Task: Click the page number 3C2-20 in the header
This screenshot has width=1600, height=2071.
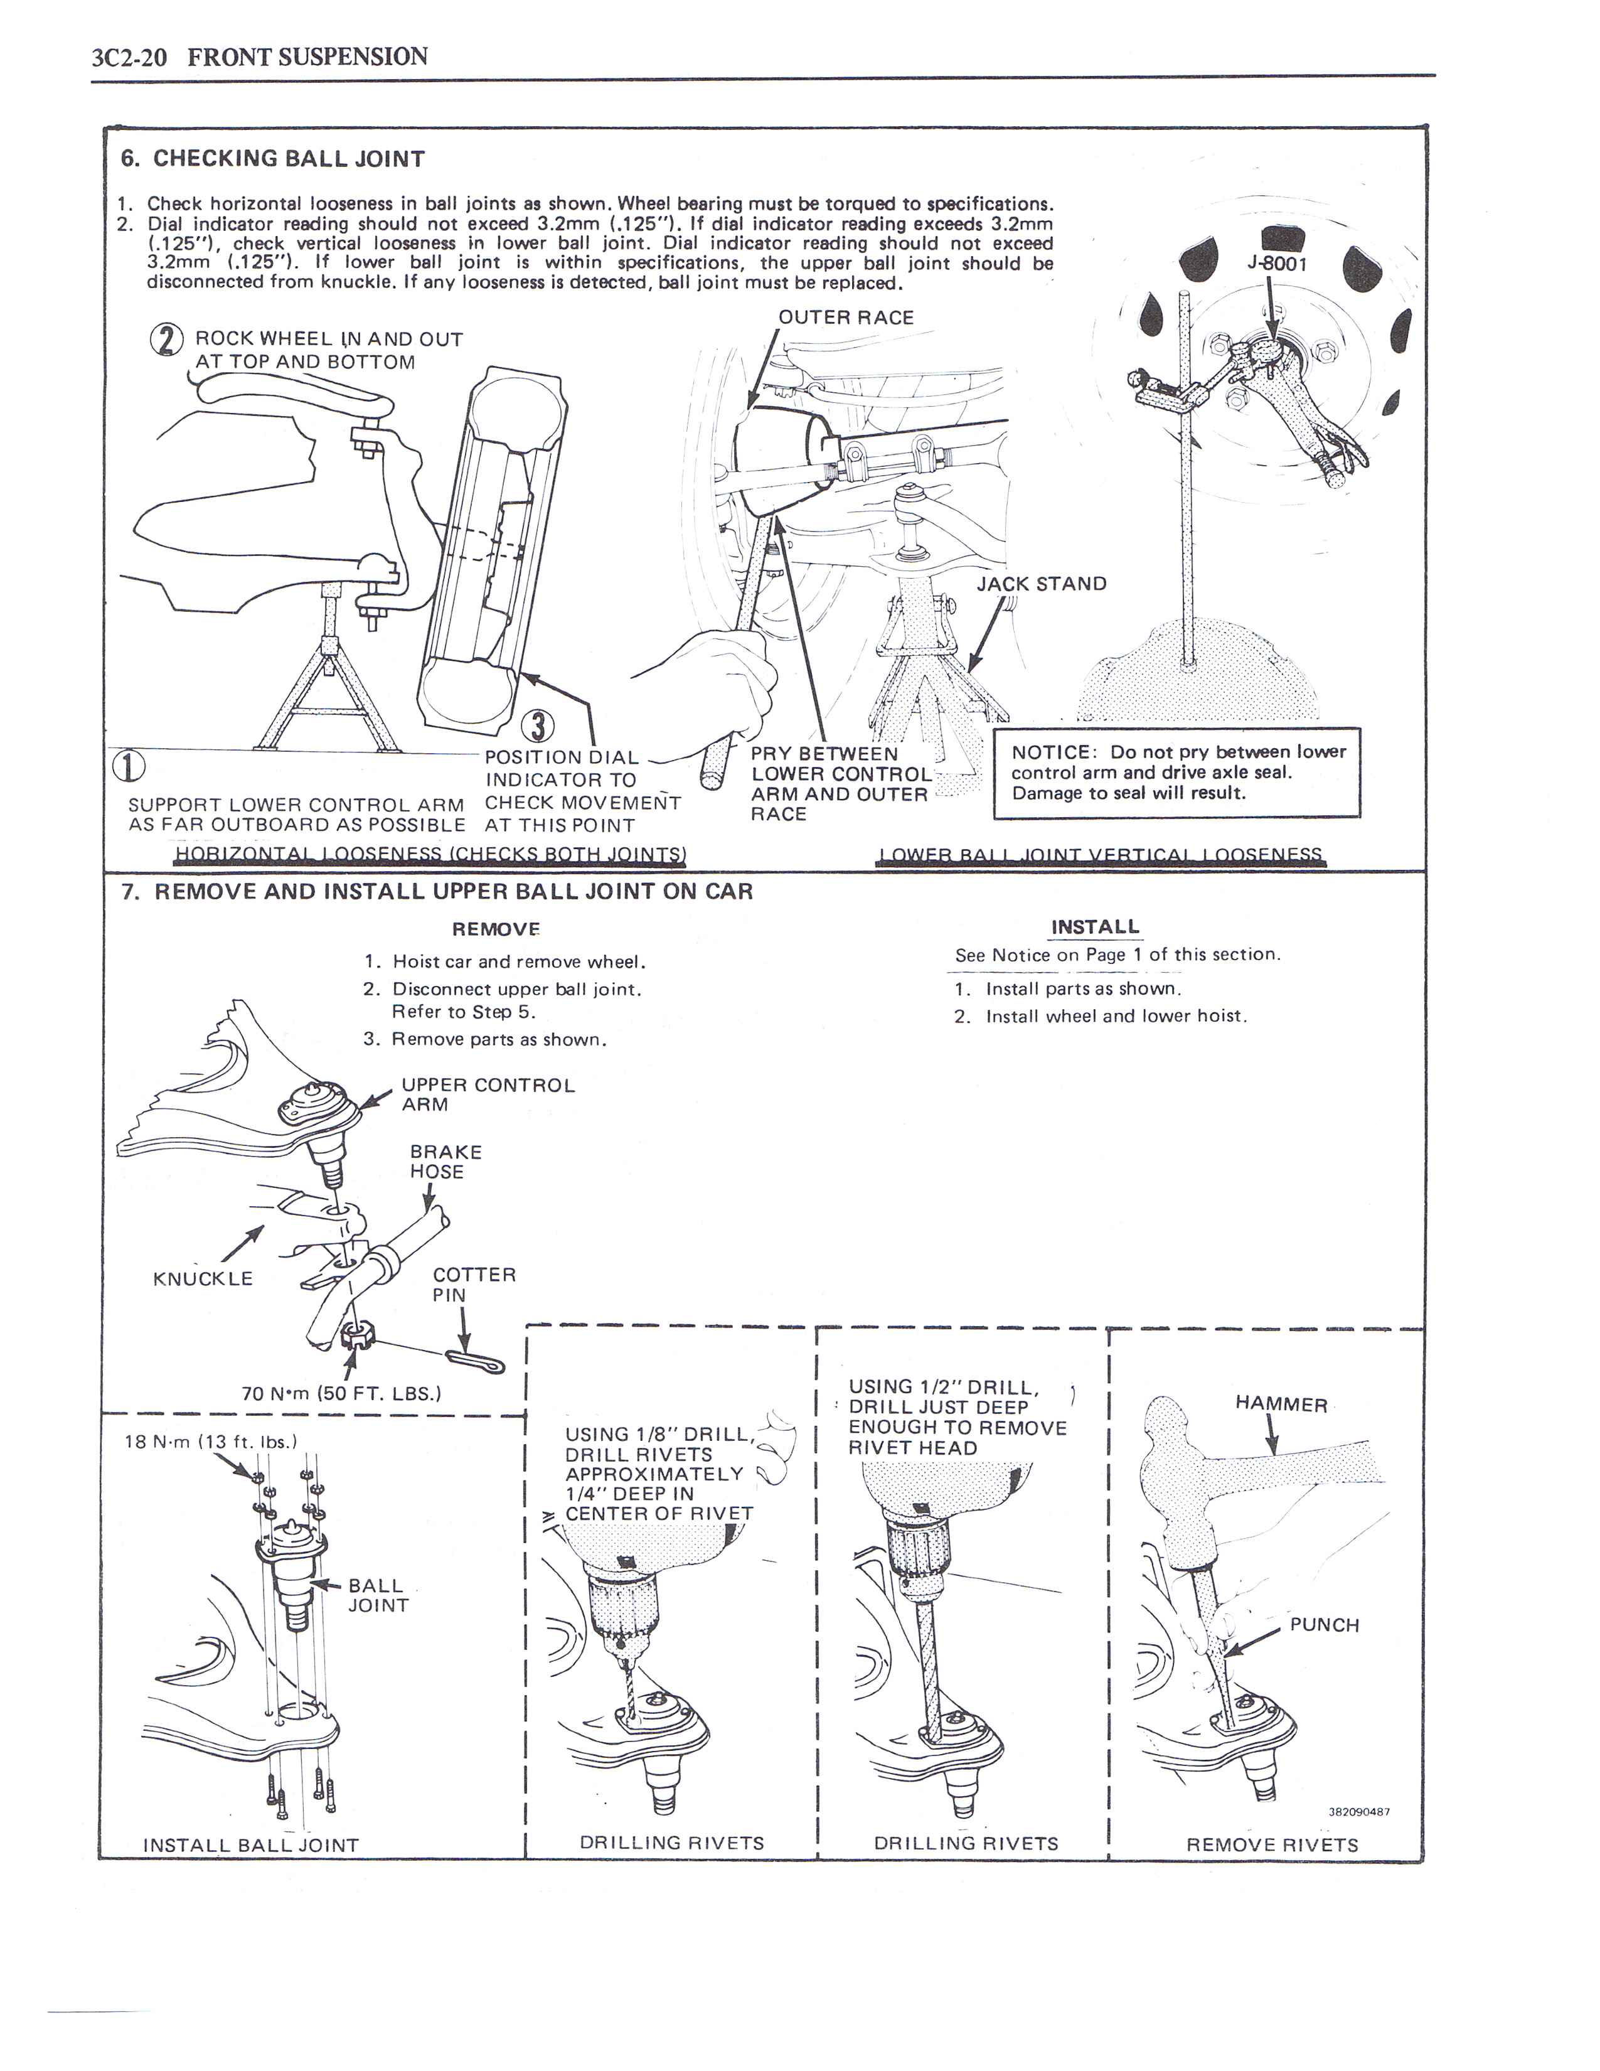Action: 130,58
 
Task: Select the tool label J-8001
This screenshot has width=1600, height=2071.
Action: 1277,263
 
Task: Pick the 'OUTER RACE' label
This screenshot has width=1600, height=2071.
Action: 846,318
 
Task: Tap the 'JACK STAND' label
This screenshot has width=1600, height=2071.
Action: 1042,584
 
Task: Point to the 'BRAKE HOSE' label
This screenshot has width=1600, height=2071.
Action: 445,1162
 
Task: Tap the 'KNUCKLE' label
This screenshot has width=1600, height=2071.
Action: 203,1279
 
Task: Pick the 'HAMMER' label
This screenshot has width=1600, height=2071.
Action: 1281,1405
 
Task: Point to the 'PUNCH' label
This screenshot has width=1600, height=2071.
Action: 1324,1625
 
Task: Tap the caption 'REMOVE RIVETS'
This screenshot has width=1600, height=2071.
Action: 1272,1845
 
